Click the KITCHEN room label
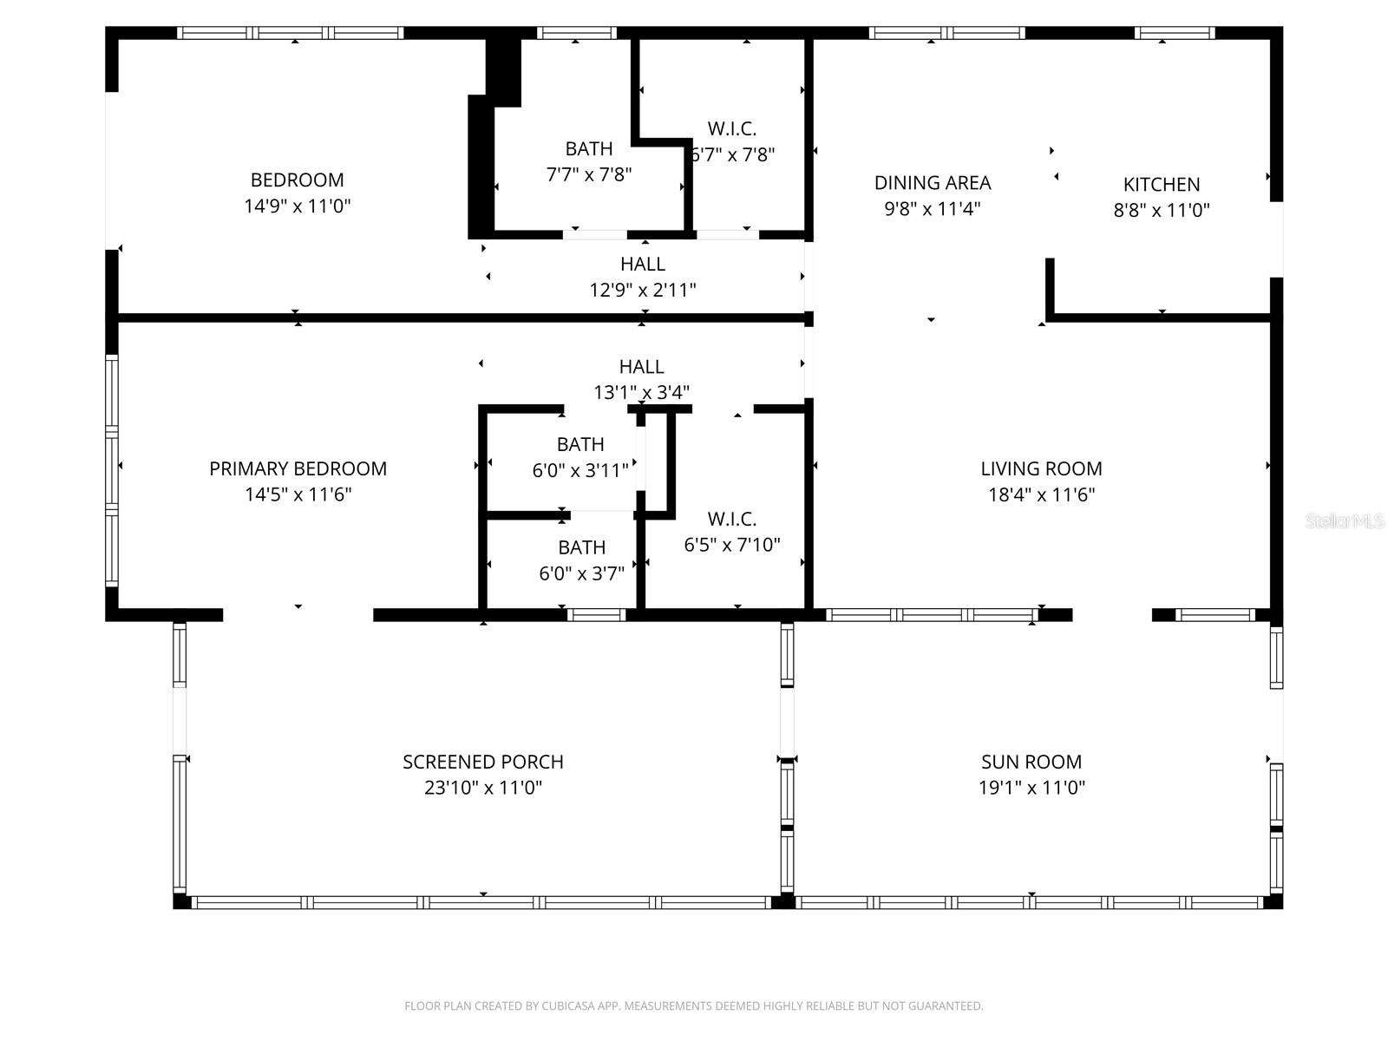(x=1162, y=184)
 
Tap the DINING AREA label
(x=933, y=182)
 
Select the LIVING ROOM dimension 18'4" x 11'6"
(x=1041, y=494)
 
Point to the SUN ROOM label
(x=1031, y=762)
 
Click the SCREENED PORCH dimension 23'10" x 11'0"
(x=483, y=788)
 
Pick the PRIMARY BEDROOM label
(x=298, y=468)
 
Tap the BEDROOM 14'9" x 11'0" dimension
(x=298, y=206)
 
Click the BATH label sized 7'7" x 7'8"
(x=589, y=148)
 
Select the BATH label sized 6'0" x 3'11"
(x=580, y=444)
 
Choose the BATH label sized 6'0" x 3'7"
(x=581, y=547)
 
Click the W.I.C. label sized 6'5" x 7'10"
(x=732, y=519)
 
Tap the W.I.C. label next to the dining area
(x=732, y=128)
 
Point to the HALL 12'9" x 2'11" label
(x=643, y=264)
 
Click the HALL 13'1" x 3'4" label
(x=642, y=367)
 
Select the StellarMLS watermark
(x=1344, y=520)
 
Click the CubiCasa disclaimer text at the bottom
(x=693, y=1006)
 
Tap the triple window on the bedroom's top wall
(x=291, y=33)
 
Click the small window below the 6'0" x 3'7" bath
(x=596, y=615)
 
